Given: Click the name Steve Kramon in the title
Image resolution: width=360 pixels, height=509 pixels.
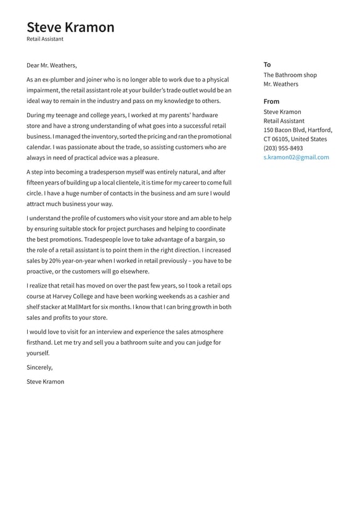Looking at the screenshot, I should (x=70, y=27).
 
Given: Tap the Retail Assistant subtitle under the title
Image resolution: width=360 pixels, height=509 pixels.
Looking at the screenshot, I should (x=45, y=39).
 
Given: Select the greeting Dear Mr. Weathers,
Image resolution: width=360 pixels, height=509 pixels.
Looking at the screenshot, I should (x=52, y=65).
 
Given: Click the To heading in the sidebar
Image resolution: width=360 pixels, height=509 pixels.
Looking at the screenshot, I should (x=267, y=65).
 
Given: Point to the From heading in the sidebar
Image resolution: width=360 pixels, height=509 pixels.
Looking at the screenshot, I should (x=271, y=102).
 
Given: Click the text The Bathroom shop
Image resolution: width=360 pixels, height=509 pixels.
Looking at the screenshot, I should (x=290, y=75).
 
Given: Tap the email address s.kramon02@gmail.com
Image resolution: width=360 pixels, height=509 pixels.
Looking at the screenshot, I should (x=296, y=157).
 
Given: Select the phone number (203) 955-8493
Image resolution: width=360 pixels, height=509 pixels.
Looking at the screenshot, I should (x=283, y=148).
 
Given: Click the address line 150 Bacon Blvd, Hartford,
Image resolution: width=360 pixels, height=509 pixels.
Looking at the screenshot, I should (x=298, y=130).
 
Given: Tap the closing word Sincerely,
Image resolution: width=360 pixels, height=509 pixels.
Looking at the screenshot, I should (x=39, y=368).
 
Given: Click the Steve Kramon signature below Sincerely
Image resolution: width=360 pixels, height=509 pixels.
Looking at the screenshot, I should (x=45, y=382).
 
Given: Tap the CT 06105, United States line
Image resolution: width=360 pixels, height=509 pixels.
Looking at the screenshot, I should (x=295, y=139).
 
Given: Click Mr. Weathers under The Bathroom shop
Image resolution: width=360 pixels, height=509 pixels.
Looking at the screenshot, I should (x=280, y=85).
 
